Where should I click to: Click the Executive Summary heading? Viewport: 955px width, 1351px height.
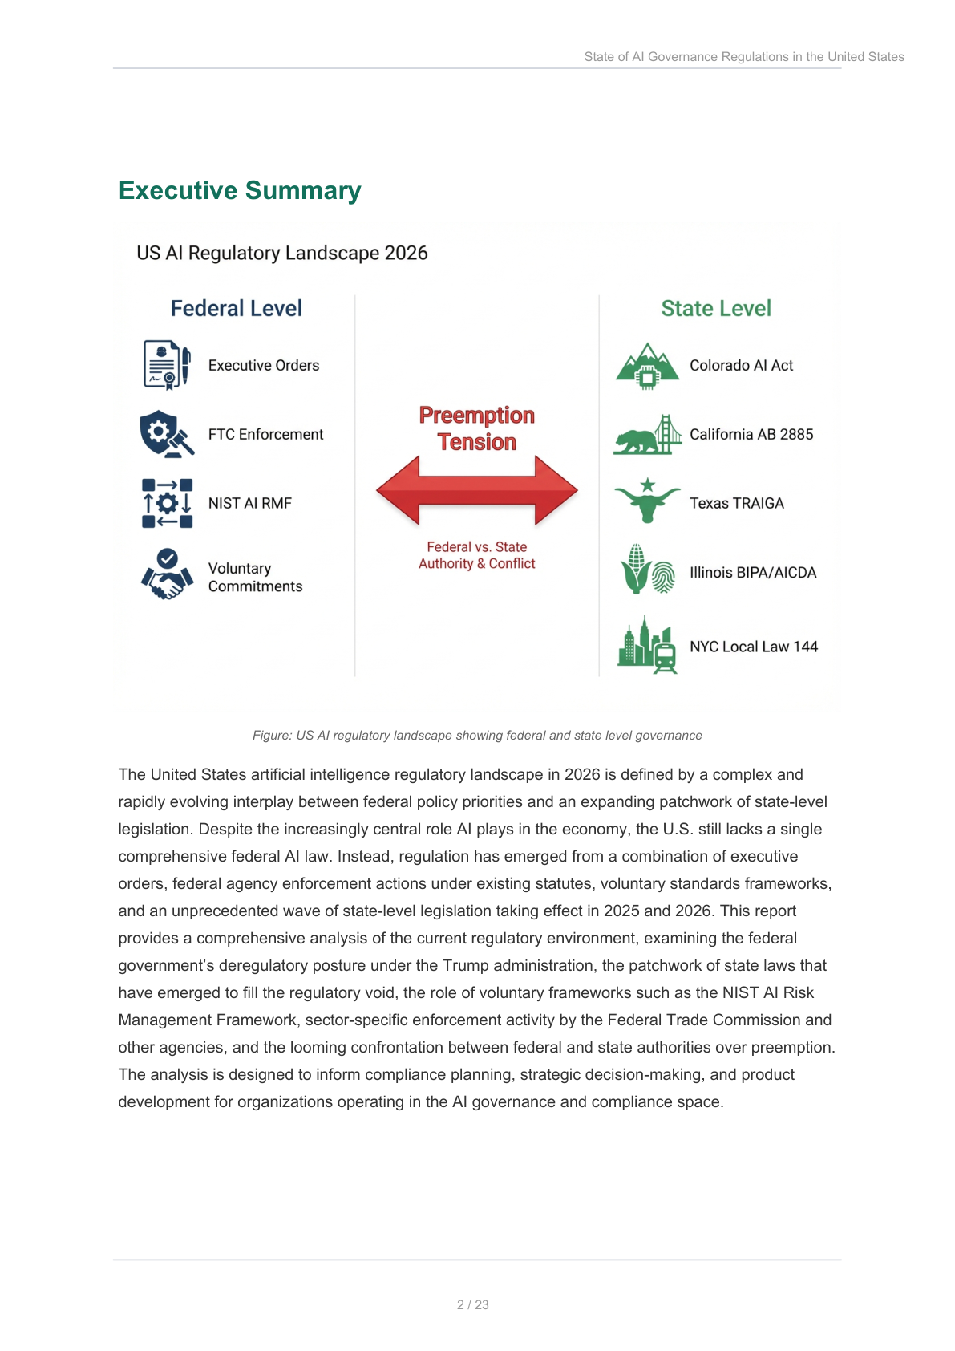(x=240, y=191)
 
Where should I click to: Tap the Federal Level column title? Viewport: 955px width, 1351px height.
(x=236, y=309)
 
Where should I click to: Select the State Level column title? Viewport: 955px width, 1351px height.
(x=715, y=309)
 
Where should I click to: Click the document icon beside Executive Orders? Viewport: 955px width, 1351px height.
(x=166, y=365)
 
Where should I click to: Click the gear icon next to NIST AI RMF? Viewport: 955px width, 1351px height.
(x=167, y=503)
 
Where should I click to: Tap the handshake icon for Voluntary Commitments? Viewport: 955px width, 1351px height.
(x=167, y=574)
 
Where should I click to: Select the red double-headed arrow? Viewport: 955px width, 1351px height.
(x=476, y=490)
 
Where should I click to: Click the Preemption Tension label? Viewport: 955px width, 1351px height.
(x=476, y=428)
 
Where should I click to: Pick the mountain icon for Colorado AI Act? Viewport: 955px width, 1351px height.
(x=647, y=366)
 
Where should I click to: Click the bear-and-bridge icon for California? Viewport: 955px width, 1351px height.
(x=647, y=435)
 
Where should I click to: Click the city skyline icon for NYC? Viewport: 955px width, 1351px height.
(x=647, y=646)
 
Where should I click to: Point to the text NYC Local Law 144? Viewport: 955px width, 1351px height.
(x=753, y=647)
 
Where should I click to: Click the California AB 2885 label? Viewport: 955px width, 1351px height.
(x=751, y=434)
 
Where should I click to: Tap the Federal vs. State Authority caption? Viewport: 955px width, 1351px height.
(x=476, y=555)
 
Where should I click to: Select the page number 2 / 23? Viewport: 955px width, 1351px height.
(x=472, y=1304)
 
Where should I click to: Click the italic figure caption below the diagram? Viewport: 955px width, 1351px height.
(x=477, y=736)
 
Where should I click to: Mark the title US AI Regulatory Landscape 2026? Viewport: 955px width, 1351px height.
(x=281, y=254)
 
